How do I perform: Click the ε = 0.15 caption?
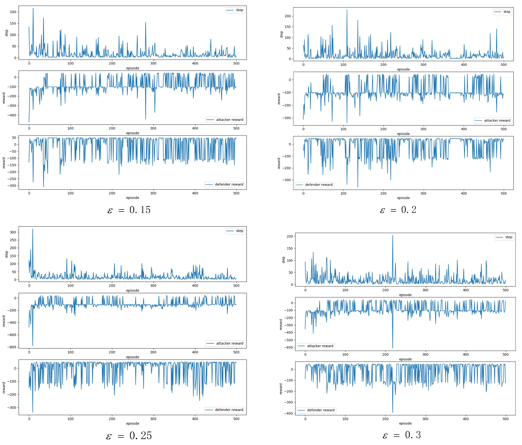coord(129,210)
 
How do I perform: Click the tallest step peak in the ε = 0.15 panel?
coord(33,8)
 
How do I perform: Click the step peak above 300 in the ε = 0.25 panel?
coord(32,229)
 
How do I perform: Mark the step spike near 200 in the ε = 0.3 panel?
coord(393,236)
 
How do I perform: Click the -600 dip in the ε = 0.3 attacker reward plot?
coord(393,348)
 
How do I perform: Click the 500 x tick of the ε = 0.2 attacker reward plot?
coord(503,129)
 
